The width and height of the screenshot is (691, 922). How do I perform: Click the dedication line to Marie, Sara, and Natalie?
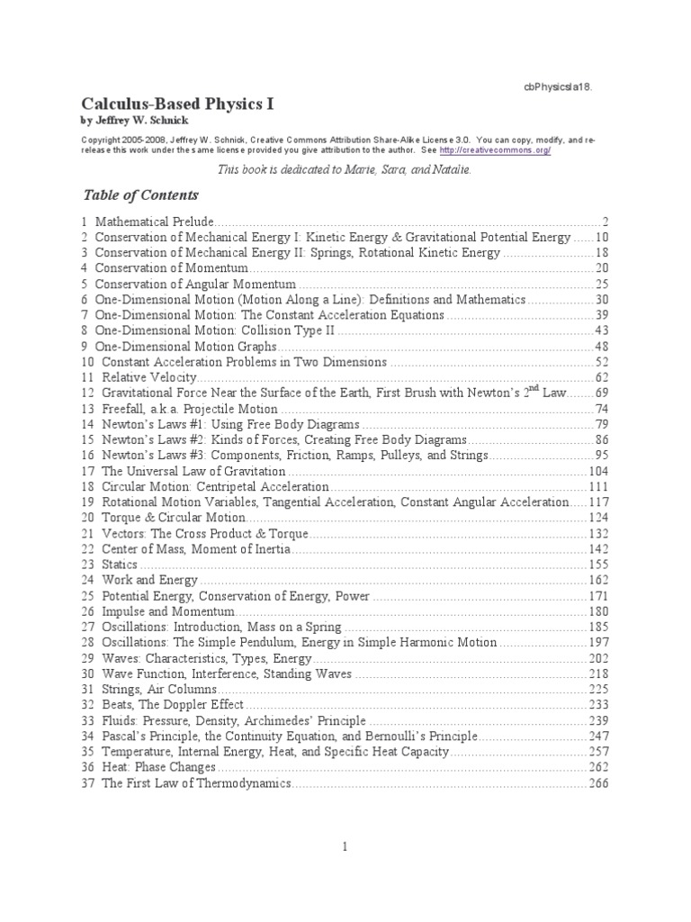click(x=345, y=169)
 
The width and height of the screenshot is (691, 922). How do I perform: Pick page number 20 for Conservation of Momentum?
click(x=602, y=268)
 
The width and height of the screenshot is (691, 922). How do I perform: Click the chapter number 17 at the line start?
click(x=87, y=471)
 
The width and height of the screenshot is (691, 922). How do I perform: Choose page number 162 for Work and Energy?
click(x=598, y=580)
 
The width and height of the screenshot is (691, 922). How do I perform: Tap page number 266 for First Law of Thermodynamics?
click(x=598, y=783)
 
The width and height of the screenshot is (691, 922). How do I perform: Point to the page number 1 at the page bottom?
click(x=345, y=846)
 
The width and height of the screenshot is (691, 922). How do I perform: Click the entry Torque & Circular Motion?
click(x=173, y=518)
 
